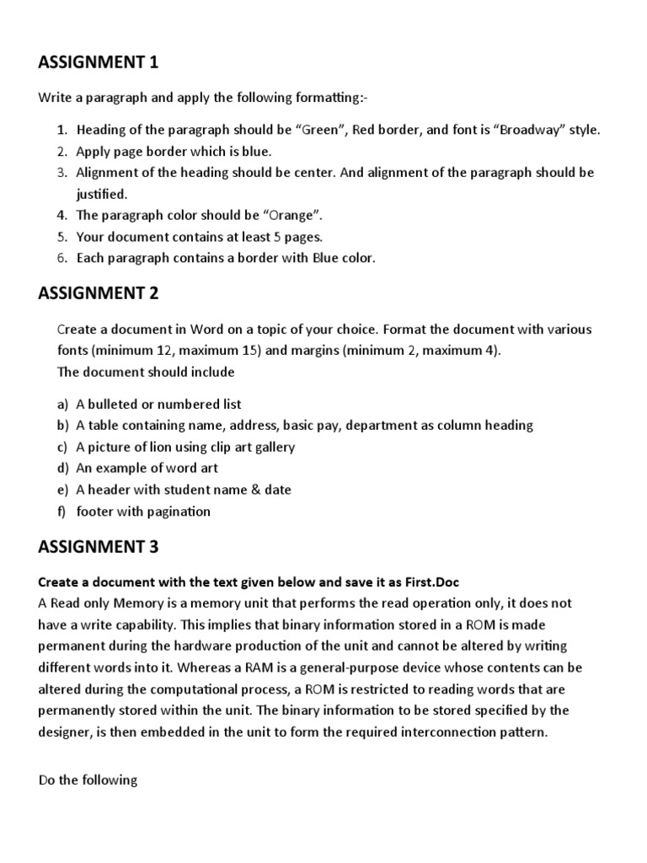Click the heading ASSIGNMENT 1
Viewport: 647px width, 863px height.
tap(99, 62)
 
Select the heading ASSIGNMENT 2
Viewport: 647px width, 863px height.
tap(99, 293)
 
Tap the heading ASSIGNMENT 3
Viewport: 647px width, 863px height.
tap(99, 548)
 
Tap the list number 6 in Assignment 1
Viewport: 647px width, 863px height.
tap(61, 258)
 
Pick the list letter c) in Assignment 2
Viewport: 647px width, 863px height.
tap(61, 447)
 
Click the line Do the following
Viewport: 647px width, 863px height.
tap(88, 780)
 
